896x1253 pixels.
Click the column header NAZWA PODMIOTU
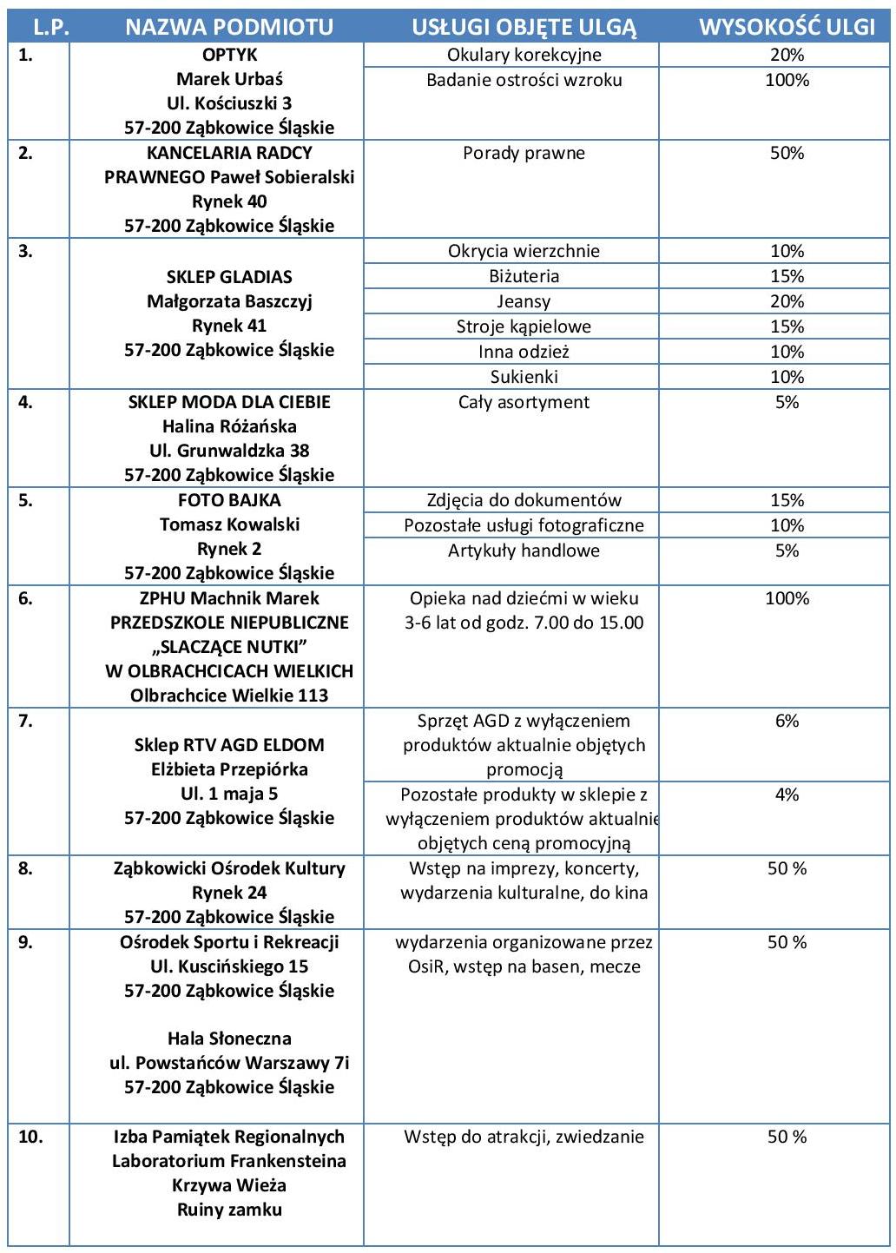(x=229, y=27)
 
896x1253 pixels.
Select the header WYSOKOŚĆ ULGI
(x=787, y=27)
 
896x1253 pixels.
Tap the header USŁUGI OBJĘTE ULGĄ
(x=524, y=27)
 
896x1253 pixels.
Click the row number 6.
(x=25, y=598)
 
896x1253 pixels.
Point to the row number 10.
(x=30, y=1137)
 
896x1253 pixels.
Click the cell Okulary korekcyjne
(x=524, y=55)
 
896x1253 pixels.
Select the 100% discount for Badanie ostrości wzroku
(x=787, y=80)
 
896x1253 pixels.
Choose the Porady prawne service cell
(x=524, y=153)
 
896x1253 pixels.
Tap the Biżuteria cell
(x=524, y=276)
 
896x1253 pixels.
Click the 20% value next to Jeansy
(x=787, y=301)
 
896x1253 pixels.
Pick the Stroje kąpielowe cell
(x=524, y=326)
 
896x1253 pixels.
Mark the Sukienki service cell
(x=524, y=377)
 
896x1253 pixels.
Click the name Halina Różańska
(x=229, y=426)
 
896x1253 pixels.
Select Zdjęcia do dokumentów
(x=524, y=500)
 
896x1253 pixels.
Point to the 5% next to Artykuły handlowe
(x=787, y=551)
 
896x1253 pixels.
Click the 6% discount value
(x=787, y=721)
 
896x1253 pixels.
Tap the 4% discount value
(x=787, y=795)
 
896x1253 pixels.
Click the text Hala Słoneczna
(x=229, y=1039)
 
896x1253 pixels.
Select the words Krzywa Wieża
(x=229, y=1185)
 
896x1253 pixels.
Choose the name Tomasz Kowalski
(x=229, y=524)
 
